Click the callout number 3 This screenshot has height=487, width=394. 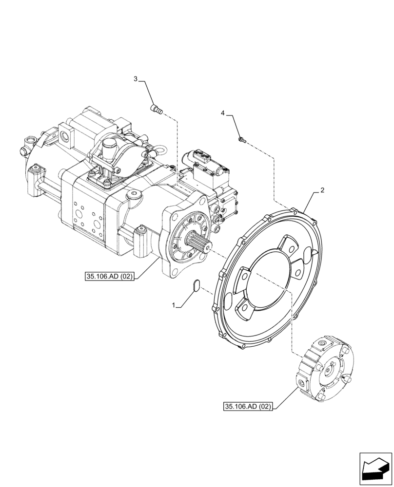pos(136,79)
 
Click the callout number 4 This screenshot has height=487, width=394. pos(223,113)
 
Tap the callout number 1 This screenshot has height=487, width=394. pos(174,305)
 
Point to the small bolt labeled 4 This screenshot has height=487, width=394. pos(241,140)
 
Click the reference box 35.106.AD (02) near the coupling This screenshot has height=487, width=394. pos(248,406)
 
